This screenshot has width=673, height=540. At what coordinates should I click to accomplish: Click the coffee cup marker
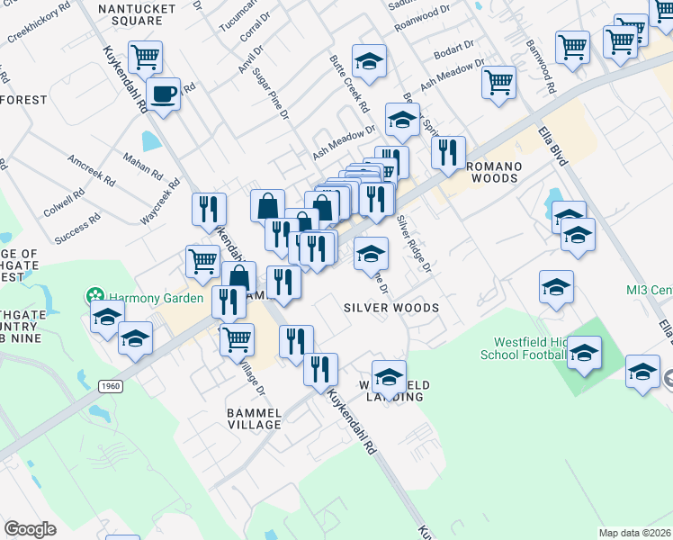[x=163, y=94]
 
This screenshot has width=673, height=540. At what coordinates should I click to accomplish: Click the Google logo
[x=30, y=529]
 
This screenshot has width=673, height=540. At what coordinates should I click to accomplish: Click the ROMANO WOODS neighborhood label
[x=491, y=172]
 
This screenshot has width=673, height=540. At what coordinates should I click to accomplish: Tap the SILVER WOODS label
[x=391, y=308]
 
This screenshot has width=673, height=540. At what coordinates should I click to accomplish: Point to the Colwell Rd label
[x=62, y=205]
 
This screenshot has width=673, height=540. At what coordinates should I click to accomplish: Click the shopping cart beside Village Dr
[x=237, y=339]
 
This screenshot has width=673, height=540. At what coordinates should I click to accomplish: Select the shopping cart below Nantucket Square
[x=145, y=58]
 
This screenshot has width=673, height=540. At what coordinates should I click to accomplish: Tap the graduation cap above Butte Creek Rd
[x=369, y=61]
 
